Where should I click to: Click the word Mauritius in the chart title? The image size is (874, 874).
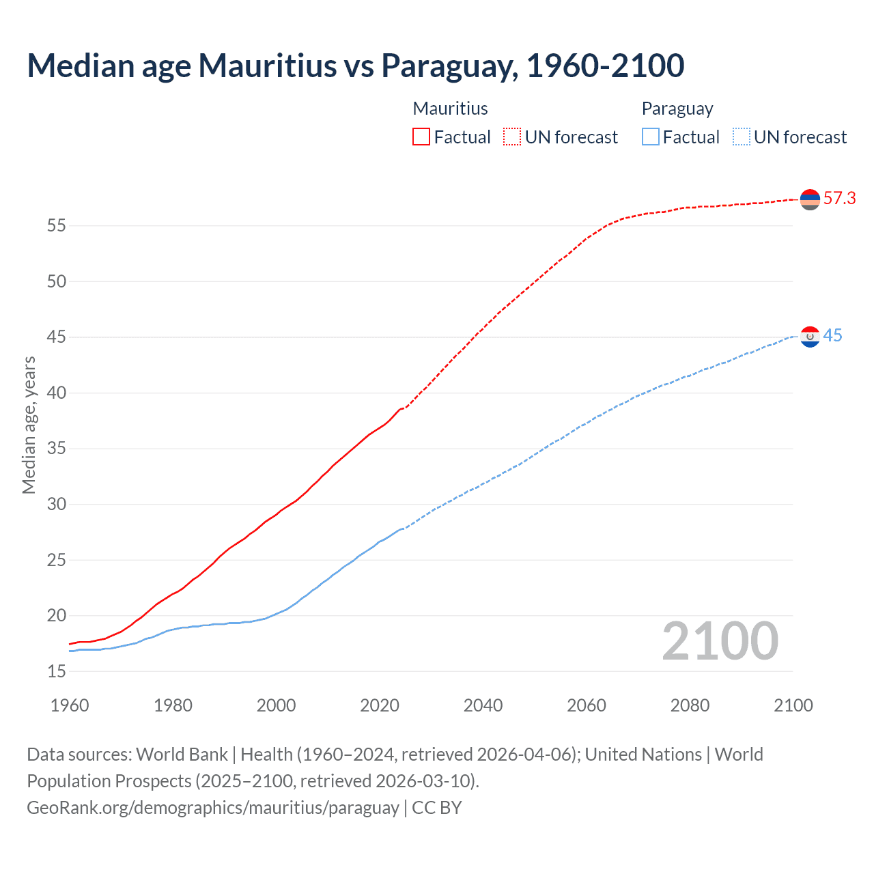[x=268, y=66]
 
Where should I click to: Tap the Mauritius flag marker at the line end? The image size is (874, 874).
[x=810, y=199]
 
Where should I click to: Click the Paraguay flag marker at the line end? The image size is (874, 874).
[x=810, y=337]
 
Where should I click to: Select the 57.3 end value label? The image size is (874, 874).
[x=839, y=199]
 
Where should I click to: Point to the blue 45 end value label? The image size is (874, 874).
[x=832, y=336]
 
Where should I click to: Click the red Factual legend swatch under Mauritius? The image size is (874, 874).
[x=421, y=137]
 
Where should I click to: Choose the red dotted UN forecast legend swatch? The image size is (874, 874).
[x=512, y=137]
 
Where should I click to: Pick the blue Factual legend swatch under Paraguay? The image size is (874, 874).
[x=650, y=137]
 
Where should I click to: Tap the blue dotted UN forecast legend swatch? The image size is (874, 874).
[x=741, y=137]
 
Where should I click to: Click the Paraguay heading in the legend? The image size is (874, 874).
[x=677, y=109]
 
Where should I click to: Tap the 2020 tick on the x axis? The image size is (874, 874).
[x=380, y=705]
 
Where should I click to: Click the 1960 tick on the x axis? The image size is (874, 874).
[x=70, y=705]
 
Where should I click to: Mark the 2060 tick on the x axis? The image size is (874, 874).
[x=587, y=705]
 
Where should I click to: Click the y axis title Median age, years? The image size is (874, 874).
[x=29, y=425]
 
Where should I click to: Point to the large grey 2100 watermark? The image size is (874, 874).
[x=720, y=641]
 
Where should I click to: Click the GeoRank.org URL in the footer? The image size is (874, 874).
[x=212, y=807]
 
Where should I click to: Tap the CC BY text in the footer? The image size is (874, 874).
[x=437, y=807]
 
